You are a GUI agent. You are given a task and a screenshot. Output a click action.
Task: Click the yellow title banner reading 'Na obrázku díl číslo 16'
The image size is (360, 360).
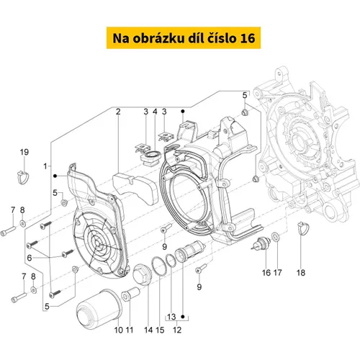(184, 38)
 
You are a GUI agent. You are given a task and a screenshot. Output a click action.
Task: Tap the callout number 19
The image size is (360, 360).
(24, 152)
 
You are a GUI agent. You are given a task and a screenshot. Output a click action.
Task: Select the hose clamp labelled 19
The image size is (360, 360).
(23, 177)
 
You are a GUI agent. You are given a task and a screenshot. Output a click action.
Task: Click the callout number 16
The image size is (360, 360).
(266, 273)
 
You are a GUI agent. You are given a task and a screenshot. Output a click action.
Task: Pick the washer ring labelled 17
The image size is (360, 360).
(276, 236)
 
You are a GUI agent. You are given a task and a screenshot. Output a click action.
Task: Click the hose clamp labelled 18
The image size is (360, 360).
(302, 228)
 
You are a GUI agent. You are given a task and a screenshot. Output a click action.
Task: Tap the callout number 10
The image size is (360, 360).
(119, 330)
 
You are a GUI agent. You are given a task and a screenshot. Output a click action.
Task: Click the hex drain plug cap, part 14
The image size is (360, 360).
(143, 274)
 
